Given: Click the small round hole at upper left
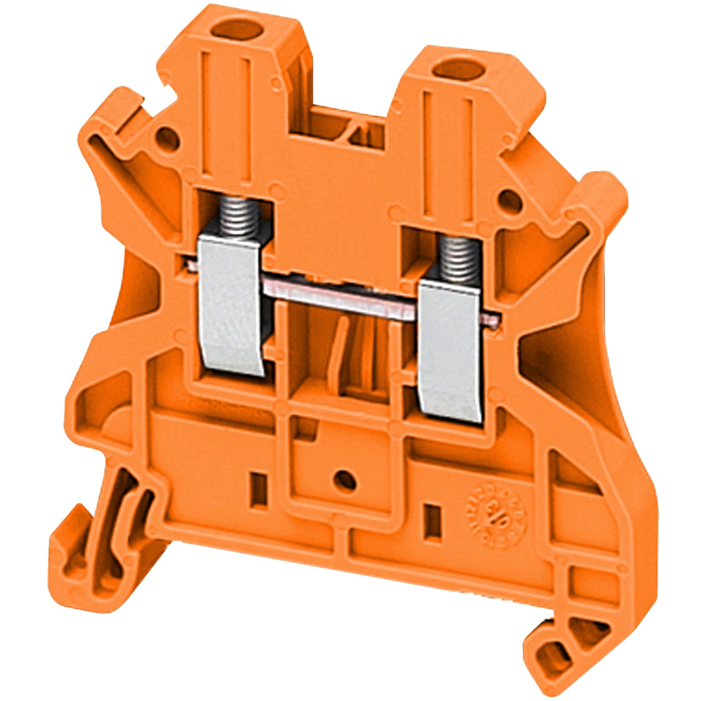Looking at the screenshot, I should (x=165, y=137).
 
